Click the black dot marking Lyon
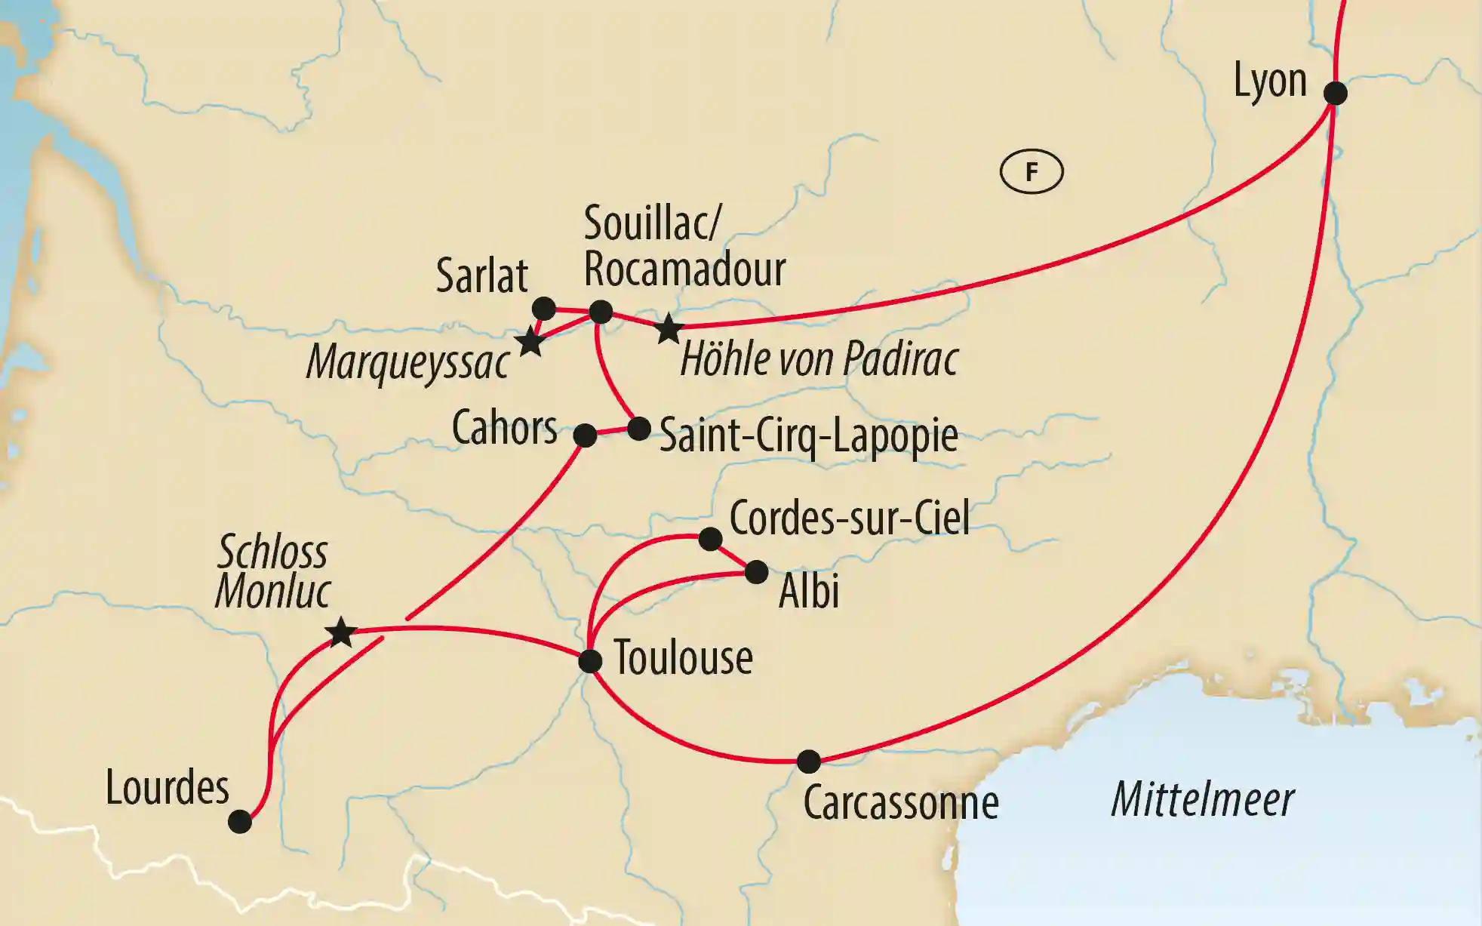(1335, 93)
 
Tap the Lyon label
(1270, 80)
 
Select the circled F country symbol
(1032, 172)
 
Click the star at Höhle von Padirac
(669, 329)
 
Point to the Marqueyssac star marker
(531, 343)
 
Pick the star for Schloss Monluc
(341, 632)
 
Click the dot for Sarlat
(544, 309)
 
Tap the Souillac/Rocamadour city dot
(601, 312)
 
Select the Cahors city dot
(585, 435)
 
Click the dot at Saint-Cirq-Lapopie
(639, 429)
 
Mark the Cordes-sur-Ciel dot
(710, 538)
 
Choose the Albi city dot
(756, 572)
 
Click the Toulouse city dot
(590, 661)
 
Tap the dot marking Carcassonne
(808, 761)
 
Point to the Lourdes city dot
(240, 821)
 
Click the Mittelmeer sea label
(1203, 799)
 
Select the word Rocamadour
(684, 269)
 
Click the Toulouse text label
(683, 658)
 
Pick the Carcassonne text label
(901, 803)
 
